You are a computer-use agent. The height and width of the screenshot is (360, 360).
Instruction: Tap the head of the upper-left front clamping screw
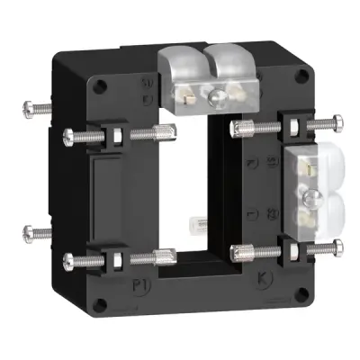coord(70,138)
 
